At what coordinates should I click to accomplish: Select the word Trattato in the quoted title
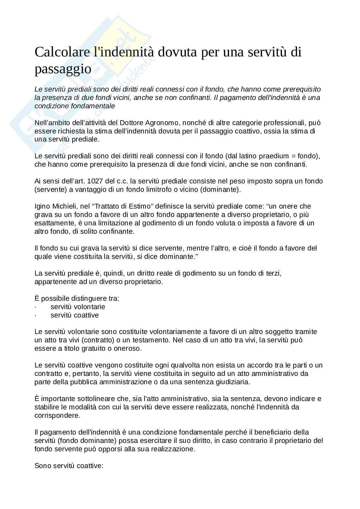110,206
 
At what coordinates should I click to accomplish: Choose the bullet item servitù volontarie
78,307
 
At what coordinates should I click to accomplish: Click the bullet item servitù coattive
75,315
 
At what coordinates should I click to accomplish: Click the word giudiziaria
232,382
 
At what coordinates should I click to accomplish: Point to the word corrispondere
57,416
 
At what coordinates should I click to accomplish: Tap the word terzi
273,273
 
